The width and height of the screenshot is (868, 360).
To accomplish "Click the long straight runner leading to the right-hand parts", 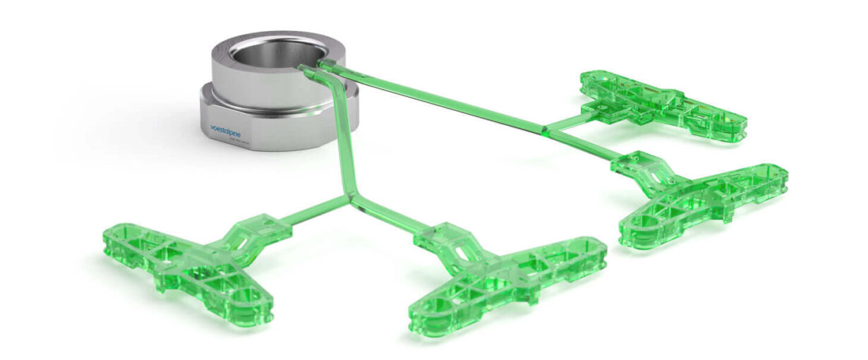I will coord(438,99).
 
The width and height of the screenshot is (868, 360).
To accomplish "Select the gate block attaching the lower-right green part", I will coord(635,166).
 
